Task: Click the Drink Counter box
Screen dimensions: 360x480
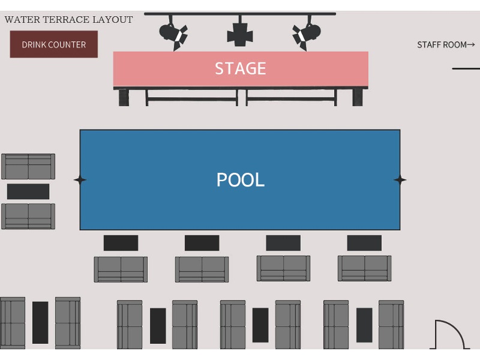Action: point(53,44)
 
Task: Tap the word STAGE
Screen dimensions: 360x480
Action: point(240,68)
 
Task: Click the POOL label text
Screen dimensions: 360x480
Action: point(240,179)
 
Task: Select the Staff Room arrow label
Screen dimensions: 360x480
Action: point(445,44)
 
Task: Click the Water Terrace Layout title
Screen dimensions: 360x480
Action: point(68,20)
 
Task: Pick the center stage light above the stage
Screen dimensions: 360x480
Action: point(240,34)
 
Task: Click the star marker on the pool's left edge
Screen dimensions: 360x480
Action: point(80,179)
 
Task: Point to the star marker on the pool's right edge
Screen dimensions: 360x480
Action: point(400,179)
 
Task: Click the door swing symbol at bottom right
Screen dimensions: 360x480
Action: point(449,335)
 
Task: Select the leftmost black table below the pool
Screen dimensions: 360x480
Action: point(121,243)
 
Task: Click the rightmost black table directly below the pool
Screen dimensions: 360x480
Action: point(364,243)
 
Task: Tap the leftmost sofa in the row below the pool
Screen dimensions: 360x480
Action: point(121,269)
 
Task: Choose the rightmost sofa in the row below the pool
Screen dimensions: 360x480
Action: point(364,268)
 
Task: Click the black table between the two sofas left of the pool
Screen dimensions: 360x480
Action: point(28,191)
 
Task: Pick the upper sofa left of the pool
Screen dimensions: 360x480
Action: point(28,166)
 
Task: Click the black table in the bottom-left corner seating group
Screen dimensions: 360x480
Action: point(40,322)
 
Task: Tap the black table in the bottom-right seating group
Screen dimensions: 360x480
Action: point(364,325)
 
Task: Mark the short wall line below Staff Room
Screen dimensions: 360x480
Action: point(466,68)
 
